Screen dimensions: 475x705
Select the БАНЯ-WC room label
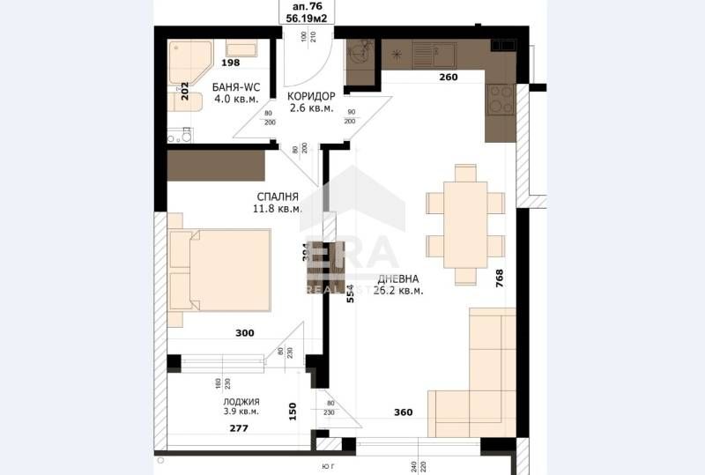click(x=234, y=86)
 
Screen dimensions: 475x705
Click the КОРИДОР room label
click(x=311, y=96)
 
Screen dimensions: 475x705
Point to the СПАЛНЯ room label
click(x=278, y=197)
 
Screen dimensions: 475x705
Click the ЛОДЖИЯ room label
click(x=241, y=401)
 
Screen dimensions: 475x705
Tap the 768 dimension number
click(x=500, y=278)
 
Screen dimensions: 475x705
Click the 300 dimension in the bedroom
click(x=245, y=333)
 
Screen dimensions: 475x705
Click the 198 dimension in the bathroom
click(x=231, y=63)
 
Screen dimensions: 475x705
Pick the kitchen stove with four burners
click(x=501, y=99)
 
